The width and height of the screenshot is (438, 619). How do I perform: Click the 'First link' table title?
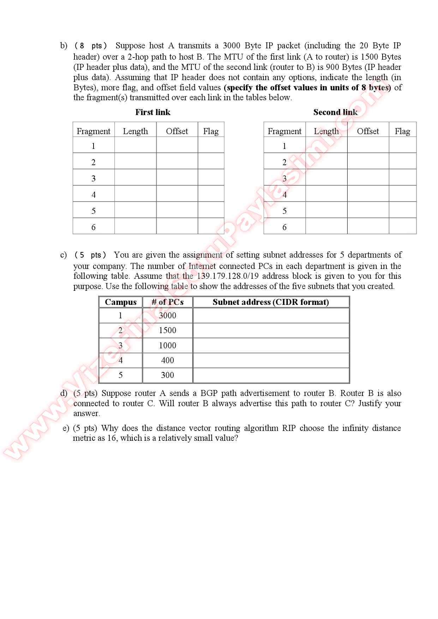point(152,112)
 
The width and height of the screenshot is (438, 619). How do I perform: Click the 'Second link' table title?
point(335,112)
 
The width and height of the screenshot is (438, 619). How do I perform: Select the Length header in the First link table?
point(135,131)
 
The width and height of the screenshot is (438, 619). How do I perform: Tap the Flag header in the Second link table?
point(402,131)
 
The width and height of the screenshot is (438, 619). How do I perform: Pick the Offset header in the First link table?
point(177,131)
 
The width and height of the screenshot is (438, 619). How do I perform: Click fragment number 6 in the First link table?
point(94,227)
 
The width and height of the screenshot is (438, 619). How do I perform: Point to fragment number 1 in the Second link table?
point(284,146)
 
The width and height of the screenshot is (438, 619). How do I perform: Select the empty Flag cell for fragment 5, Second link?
point(402,210)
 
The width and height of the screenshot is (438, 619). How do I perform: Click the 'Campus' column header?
point(121,302)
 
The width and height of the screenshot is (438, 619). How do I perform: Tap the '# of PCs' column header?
point(168,302)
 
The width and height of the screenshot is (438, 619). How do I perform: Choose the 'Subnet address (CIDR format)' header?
point(271,302)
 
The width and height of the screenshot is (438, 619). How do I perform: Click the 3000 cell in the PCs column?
point(167,315)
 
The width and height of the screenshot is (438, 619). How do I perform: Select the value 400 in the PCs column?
point(167,360)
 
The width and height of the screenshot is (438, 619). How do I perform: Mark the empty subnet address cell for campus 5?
point(271,375)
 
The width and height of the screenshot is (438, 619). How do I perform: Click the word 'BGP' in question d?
point(209,393)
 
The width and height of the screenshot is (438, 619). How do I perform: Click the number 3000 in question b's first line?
point(231,46)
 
